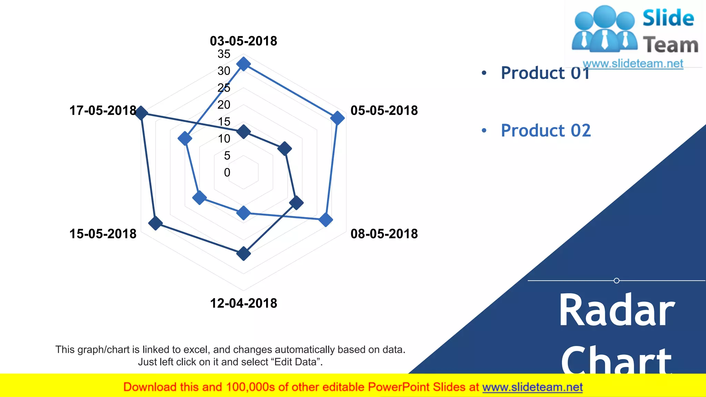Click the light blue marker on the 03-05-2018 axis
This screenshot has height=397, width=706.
243,64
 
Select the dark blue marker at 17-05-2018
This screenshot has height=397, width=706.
141,113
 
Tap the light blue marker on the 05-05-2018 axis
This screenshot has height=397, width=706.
337,118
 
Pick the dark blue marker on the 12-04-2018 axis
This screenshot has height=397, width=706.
243,254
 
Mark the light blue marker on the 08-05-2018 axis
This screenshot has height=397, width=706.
325,220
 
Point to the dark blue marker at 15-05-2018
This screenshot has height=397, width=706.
155,223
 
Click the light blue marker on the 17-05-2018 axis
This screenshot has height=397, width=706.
185,139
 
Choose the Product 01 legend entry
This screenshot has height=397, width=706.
545,73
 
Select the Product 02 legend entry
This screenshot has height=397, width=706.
546,131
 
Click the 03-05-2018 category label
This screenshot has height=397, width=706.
243,41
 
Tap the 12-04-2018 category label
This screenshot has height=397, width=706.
243,303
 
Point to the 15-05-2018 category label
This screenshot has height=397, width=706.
103,234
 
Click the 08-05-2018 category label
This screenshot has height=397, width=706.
384,234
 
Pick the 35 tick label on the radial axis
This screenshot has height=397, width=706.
224,54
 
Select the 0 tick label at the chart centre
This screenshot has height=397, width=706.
227,172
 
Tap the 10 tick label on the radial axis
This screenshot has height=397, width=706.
224,139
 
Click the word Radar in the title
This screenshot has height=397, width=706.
617,310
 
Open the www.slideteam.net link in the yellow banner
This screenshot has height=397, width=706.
532,387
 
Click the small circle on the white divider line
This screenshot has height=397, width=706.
616,281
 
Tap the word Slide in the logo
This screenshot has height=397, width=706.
668,18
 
